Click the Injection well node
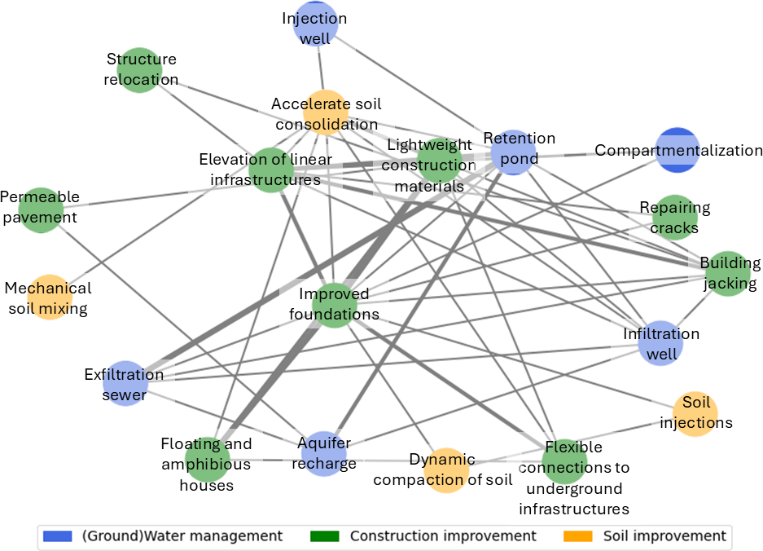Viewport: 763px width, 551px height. tap(316, 24)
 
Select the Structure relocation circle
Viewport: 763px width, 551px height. tap(140, 70)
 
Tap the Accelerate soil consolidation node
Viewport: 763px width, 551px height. tap(326, 112)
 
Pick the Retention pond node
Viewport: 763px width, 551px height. tap(513, 152)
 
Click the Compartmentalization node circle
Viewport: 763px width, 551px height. tap(677, 150)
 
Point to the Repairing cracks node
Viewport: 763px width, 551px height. tap(674, 218)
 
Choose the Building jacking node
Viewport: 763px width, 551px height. tap(729, 274)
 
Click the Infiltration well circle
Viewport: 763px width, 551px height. tap(661, 343)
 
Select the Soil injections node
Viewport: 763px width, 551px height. tap(695, 413)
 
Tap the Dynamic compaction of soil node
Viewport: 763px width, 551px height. tap(445, 470)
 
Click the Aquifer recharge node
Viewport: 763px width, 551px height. tap(324, 454)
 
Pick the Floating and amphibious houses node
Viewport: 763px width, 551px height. tap(208, 460)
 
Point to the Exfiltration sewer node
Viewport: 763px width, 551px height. tap(125, 384)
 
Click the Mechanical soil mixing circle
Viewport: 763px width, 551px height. tap(49, 298)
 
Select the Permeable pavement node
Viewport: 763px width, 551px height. tap(41, 210)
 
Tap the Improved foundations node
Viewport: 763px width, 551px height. tap(335, 305)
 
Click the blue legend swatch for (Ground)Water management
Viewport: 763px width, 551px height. tap(58, 536)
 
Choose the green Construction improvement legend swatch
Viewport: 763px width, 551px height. tap(325, 536)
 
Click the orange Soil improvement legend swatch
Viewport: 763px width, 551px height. tap(578, 536)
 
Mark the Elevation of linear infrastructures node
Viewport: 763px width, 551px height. tap(271, 170)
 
